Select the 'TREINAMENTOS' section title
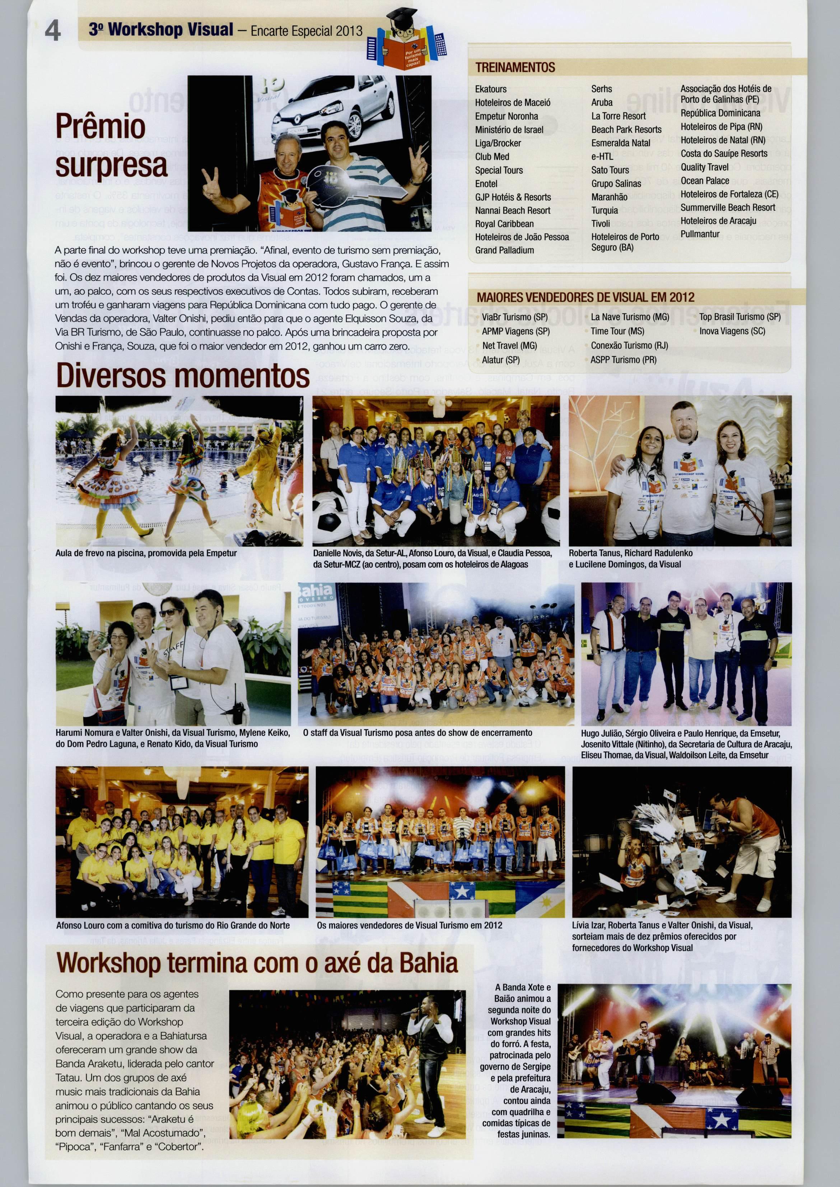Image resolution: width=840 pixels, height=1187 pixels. click(x=515, y=67)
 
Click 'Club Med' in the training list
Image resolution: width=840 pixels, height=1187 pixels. click(x=492, y=157)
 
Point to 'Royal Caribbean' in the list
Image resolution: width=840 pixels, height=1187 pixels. click(x=504, y=224)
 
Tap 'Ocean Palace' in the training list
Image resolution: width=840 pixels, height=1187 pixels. click(x=704, y=181)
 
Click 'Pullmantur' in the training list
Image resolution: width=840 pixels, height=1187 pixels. click(x=700, y=234)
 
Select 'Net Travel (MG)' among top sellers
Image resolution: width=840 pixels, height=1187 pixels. click(x=509, y=346)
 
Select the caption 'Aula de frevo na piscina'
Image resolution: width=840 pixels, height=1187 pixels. click(x=146, y=553)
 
